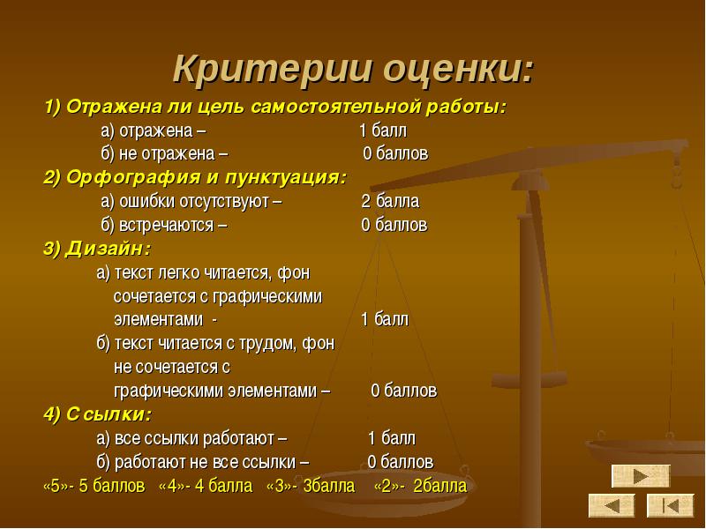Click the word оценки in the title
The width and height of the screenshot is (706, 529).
coord(458,70)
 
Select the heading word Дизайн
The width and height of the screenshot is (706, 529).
coord(108,249)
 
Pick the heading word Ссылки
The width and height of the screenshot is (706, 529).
coord(109,414)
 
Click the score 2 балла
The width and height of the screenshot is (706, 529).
coord(390,201)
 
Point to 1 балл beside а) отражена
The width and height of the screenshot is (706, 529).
coord(383,130)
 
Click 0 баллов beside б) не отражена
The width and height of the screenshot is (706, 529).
coord(395,153)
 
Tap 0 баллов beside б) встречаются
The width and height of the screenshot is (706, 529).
coord(394,225)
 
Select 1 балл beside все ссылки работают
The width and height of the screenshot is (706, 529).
coord(392,437)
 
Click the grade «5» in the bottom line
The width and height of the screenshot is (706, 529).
coord(55,486)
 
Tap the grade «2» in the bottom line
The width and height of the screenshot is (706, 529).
coord(387,486)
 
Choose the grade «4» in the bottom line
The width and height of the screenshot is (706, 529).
coord(171,486)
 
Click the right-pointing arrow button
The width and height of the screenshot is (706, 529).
coord(641,476)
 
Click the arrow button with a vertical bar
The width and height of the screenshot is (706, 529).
coord(671,505)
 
